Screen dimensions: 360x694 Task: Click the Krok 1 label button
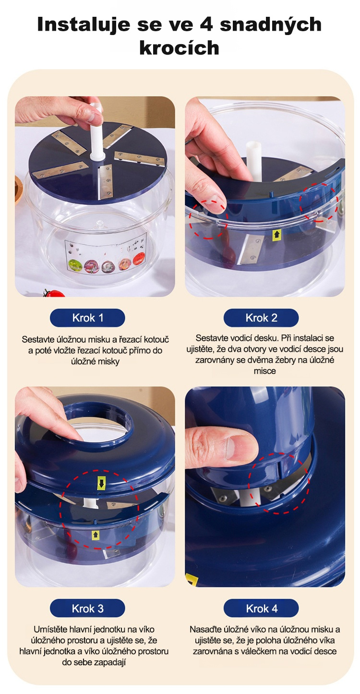87,318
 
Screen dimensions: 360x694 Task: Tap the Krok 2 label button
261,318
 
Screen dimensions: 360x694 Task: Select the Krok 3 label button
87,609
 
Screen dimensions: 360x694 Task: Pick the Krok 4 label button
261,609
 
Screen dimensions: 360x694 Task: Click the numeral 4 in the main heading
206,24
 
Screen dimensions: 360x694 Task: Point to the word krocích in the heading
180,48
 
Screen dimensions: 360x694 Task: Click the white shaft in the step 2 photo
254,161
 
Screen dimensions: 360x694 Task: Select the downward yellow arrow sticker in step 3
101,482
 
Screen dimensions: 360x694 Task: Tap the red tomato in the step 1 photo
55,293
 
